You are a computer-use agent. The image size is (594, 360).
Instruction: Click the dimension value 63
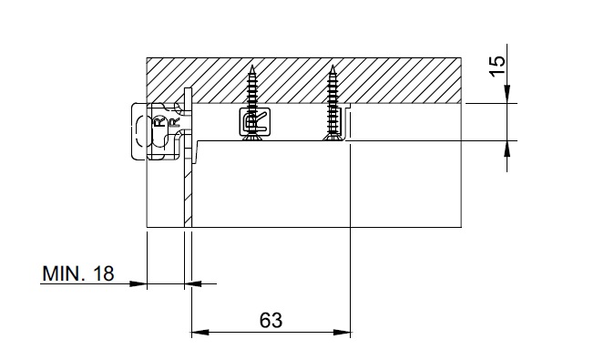tap(271, 320)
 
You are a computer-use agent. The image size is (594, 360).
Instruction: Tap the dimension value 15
tap(497, 67)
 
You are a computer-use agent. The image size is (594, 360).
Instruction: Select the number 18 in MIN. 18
tap(104, 273)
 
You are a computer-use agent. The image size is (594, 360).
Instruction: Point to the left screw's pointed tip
tap(252, 66)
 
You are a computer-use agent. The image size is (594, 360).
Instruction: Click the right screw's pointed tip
tap(333, 66)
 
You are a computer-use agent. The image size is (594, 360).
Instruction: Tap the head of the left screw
tap(252, 138)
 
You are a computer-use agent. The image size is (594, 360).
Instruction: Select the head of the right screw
tap(333, 138)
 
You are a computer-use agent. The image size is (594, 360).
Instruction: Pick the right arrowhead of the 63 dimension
tap(342, 333)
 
